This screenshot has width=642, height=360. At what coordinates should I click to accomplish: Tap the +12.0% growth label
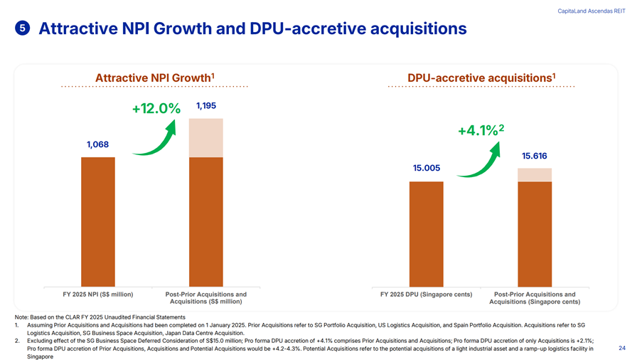pyautogui.click(x=156, y=109)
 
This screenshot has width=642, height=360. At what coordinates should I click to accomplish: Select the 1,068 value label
pyautogui.click(x=97, y=144)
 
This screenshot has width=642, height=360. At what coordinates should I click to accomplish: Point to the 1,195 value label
pyautogui.click(x=205, y=105)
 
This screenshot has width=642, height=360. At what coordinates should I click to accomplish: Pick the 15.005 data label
pyautogui.click(x=426, y=168)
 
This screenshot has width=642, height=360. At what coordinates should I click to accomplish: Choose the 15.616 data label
pyautogui.click(x=534, y=156)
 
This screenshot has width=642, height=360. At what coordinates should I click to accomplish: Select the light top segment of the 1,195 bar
pyautogui.click(x=205, y=137)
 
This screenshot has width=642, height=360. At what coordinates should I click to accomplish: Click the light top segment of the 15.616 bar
pyautogui.click(x=534, y=175)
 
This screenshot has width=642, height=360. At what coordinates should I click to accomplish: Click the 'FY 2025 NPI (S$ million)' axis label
pyautogui.click(x=98, y=295)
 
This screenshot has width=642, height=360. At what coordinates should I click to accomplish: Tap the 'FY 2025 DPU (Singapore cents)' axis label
pyautogui.click(x=427, y=295)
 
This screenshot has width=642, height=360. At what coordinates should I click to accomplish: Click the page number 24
pyautogui.click(x=622, y=348)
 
